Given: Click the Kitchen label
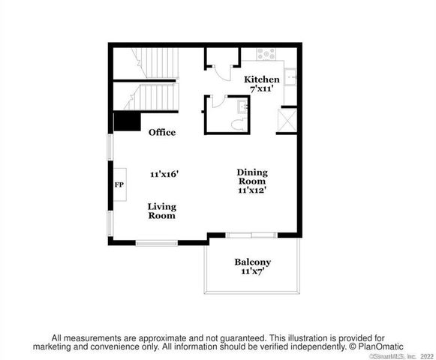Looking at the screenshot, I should (262, 79).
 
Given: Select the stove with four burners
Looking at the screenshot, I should (267, 54).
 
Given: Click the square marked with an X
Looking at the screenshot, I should (287, 121).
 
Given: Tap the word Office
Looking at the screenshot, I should (162, 133).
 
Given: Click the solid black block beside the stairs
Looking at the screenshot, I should (128, 121).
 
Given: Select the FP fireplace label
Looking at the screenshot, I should (119, 184).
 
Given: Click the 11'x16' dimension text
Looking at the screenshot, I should (164, 174).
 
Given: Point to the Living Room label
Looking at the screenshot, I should (161, 211).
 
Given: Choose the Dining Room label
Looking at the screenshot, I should (252, 176).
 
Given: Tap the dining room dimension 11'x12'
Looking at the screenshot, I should (253, 190).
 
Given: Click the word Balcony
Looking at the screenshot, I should (252, 262).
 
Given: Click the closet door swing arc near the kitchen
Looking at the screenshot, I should (223, 71).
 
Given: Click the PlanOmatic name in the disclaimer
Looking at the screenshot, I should (381, 346).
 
